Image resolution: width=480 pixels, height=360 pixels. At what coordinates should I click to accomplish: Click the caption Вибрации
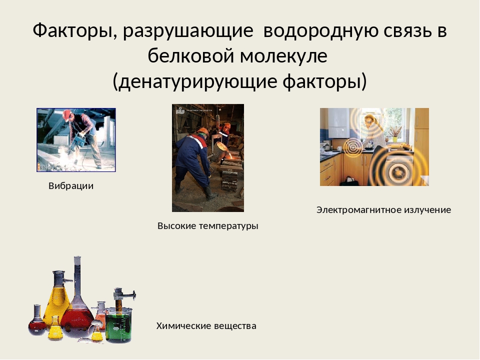[71, 186]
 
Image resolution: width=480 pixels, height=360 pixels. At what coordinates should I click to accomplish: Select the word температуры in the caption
[228, 226]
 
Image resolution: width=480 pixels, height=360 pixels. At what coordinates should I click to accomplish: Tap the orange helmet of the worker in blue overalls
[202, 131]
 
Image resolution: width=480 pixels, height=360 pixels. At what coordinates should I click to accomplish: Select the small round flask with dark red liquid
[36, 325]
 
